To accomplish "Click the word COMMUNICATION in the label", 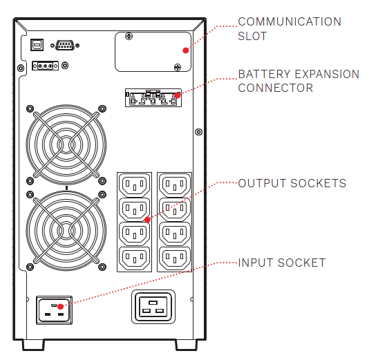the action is point(290,21).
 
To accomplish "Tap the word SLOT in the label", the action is point(252,36).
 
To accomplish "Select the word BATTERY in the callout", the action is point(265,74).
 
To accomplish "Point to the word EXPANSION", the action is point(327,74).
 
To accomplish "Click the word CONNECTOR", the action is point(275,88).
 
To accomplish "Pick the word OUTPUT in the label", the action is point(262,183).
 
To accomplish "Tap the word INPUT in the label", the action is point(256,263).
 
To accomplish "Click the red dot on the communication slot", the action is point(186,50).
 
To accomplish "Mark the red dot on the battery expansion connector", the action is point(178,95).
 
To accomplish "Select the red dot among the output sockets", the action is point(148,220).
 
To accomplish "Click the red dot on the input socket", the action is point(61,307).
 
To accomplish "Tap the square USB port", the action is point(37,45).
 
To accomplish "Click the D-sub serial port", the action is point(65,45).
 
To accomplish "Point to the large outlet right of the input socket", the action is point(153,307).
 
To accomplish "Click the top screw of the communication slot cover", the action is point(129,36).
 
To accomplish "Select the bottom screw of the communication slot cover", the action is point(178,67).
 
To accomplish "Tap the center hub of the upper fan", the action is point(66,144).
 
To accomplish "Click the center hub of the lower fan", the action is point(66,231).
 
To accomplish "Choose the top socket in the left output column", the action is point(135,185).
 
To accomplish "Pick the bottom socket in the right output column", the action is point(175,258).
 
